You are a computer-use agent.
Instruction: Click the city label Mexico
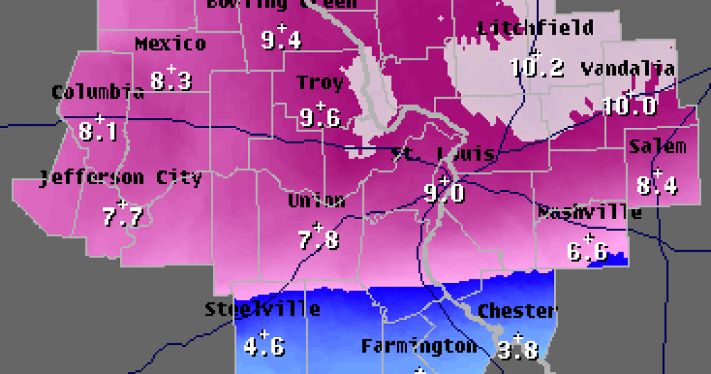170,44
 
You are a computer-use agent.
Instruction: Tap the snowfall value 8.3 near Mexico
171,81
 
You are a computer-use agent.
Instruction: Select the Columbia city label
98,92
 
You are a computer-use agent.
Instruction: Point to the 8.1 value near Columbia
99,131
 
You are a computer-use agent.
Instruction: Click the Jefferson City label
121,178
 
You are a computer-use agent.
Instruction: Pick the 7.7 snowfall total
122,217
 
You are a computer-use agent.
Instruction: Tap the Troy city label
320,83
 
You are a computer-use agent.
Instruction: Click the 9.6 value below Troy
320,118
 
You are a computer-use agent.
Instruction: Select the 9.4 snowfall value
281,40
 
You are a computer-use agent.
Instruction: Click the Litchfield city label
535,28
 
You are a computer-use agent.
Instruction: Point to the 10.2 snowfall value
536,67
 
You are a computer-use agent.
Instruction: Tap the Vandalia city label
628,69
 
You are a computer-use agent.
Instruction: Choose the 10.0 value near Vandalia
629,106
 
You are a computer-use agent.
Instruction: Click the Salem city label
657,147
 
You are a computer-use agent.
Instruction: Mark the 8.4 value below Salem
658,186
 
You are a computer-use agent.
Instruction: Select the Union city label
317,201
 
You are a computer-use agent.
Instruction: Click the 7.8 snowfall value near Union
319,240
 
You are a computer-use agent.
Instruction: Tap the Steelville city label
262,309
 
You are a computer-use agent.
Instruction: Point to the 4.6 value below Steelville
264,345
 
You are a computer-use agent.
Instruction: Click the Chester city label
517,311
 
